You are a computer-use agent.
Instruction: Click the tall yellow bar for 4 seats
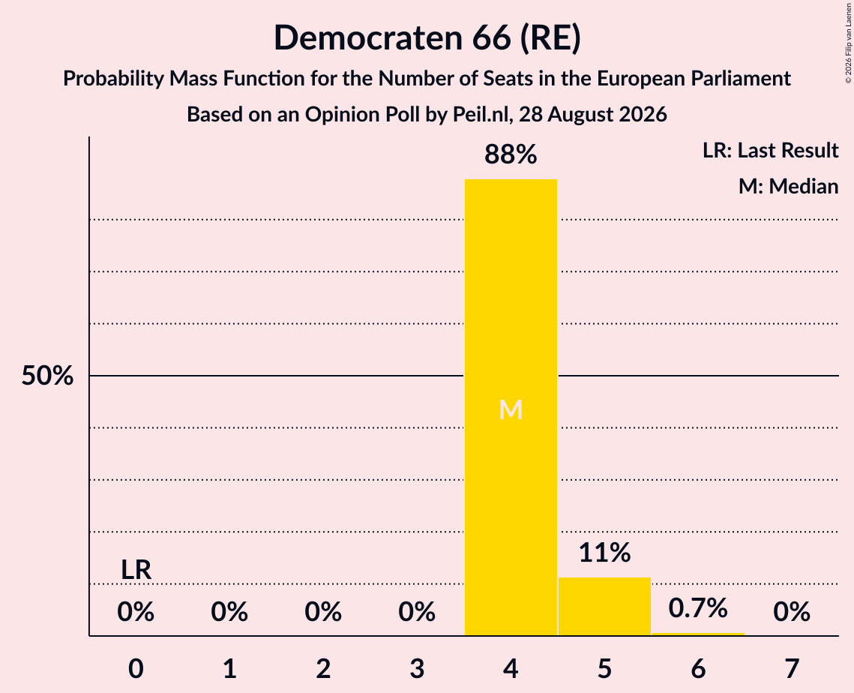[511, 407]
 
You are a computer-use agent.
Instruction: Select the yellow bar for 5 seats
[604, 606]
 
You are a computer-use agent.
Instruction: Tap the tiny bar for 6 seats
[698, 634]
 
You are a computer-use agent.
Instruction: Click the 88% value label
[511, 154]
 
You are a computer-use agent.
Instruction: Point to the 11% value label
[604, 553]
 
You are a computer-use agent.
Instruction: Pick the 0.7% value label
[698, 607]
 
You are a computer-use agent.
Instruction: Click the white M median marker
[511, 409]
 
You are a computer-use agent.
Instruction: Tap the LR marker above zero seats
[136, 570]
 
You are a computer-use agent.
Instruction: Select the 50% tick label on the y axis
[47, 375]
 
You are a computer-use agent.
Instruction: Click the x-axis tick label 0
[136, 668]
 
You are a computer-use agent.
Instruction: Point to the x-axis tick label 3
[417, 668]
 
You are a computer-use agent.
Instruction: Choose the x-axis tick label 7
[792, 668]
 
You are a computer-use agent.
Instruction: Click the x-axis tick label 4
[511, 668]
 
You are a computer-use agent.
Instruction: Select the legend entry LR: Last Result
[770, 150]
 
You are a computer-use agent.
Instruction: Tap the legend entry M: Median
[788, 186]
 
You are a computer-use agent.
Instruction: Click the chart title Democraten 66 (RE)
[427, 37]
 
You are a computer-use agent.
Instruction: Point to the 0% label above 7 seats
[792, 612]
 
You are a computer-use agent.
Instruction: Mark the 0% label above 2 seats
[323, 612]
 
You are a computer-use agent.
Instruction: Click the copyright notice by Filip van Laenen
[848, 43]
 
